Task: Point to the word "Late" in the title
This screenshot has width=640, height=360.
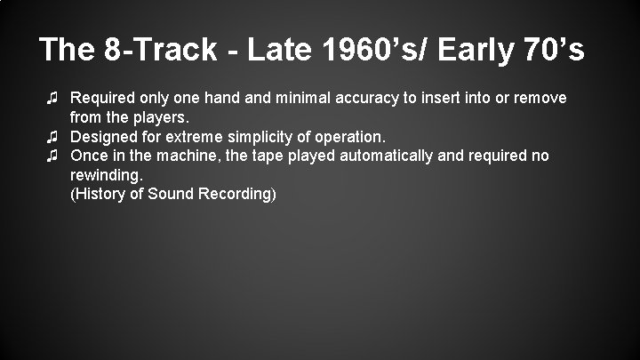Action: tap(273, 51)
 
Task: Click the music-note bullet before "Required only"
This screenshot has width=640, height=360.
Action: tap(53, 96)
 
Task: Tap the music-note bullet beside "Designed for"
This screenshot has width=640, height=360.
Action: tap(53, 136)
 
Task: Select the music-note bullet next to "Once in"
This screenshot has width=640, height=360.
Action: tap(53, 156)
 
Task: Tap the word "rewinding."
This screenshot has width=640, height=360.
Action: tap(107, 175)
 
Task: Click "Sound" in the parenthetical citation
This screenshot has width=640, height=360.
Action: tap(172, 194)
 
